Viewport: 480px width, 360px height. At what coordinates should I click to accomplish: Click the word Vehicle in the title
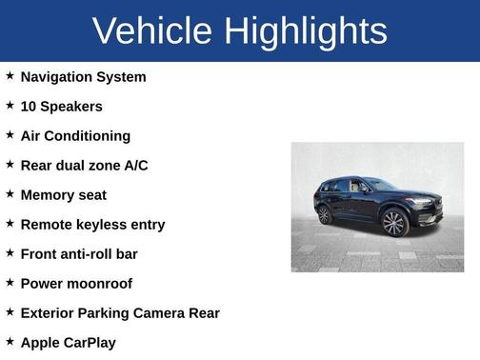click(153, 31)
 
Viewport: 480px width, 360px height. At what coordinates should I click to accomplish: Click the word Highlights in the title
click(307, 31)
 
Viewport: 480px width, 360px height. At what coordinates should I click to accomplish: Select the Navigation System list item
click(83, 77)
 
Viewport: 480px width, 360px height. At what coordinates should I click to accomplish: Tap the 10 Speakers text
click(61, 107)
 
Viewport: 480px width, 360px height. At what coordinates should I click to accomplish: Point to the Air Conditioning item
click(75, 136)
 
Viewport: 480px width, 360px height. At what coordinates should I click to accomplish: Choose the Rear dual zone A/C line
click(84, 166)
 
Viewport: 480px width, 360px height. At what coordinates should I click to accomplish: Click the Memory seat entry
click(63, 195)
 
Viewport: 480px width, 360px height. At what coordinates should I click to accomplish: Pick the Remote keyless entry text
click(92, 225)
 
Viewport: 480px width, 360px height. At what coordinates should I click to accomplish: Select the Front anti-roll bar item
click(79, 254)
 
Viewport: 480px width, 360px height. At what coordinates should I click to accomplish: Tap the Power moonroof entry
click(76, 284)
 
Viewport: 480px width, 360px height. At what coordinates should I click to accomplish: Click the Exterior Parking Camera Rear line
click(120, 313)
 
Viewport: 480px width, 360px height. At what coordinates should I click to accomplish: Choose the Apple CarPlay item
click(68, 342)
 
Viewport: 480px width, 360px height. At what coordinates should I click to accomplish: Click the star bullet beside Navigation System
click(10, 76)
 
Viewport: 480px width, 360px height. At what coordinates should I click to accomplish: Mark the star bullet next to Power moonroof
click(10, 283)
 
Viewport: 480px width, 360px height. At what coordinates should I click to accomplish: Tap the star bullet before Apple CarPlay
click(10, 341)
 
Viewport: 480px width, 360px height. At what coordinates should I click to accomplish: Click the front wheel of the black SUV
click(393, 224)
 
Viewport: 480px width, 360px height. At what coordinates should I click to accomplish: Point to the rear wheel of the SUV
click(325, 214)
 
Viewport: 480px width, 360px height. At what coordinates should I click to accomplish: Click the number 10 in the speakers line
click(29, 107)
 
